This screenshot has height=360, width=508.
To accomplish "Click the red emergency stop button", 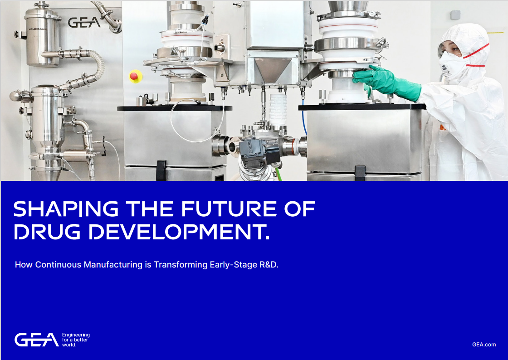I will click(135, 76).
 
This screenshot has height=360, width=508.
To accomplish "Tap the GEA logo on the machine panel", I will click(84, 22).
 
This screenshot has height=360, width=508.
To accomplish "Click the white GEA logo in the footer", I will click(36, 340).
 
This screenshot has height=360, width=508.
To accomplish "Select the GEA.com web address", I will click(484, 345).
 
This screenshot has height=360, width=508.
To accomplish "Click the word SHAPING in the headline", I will click(66, 209).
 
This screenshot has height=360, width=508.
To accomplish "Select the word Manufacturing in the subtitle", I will click(113, 265).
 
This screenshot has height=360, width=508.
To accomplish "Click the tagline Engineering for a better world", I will click(76, 340).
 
